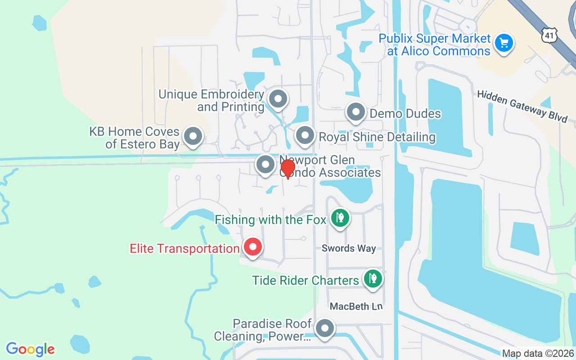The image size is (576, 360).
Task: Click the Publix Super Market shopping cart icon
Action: click(504, 43)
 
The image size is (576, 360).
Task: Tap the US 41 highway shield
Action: click(549, 35)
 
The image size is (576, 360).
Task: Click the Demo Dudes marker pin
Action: click(356, 112)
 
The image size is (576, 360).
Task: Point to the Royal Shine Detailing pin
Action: click(305, 135)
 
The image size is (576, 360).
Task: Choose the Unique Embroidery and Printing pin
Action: click(278, 99)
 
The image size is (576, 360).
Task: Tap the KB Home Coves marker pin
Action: click(193, 136)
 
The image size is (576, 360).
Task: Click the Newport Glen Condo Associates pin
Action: click(265, 165)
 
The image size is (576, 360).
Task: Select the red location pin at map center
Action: click(288, 170)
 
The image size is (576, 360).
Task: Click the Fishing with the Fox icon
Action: click(340, 219)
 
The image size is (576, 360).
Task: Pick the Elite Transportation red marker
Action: click(253, 247)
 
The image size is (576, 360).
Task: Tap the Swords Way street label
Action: click(349, 248)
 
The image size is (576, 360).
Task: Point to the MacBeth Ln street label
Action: click(356, 306)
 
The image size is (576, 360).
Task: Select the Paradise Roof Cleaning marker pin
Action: click(324, 329)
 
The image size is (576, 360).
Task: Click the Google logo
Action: click(31, 349)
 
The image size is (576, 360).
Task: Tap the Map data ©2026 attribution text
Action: click(537, 353)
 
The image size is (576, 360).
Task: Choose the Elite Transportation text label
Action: click(184, 248)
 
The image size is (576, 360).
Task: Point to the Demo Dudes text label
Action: click(405, 113)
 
